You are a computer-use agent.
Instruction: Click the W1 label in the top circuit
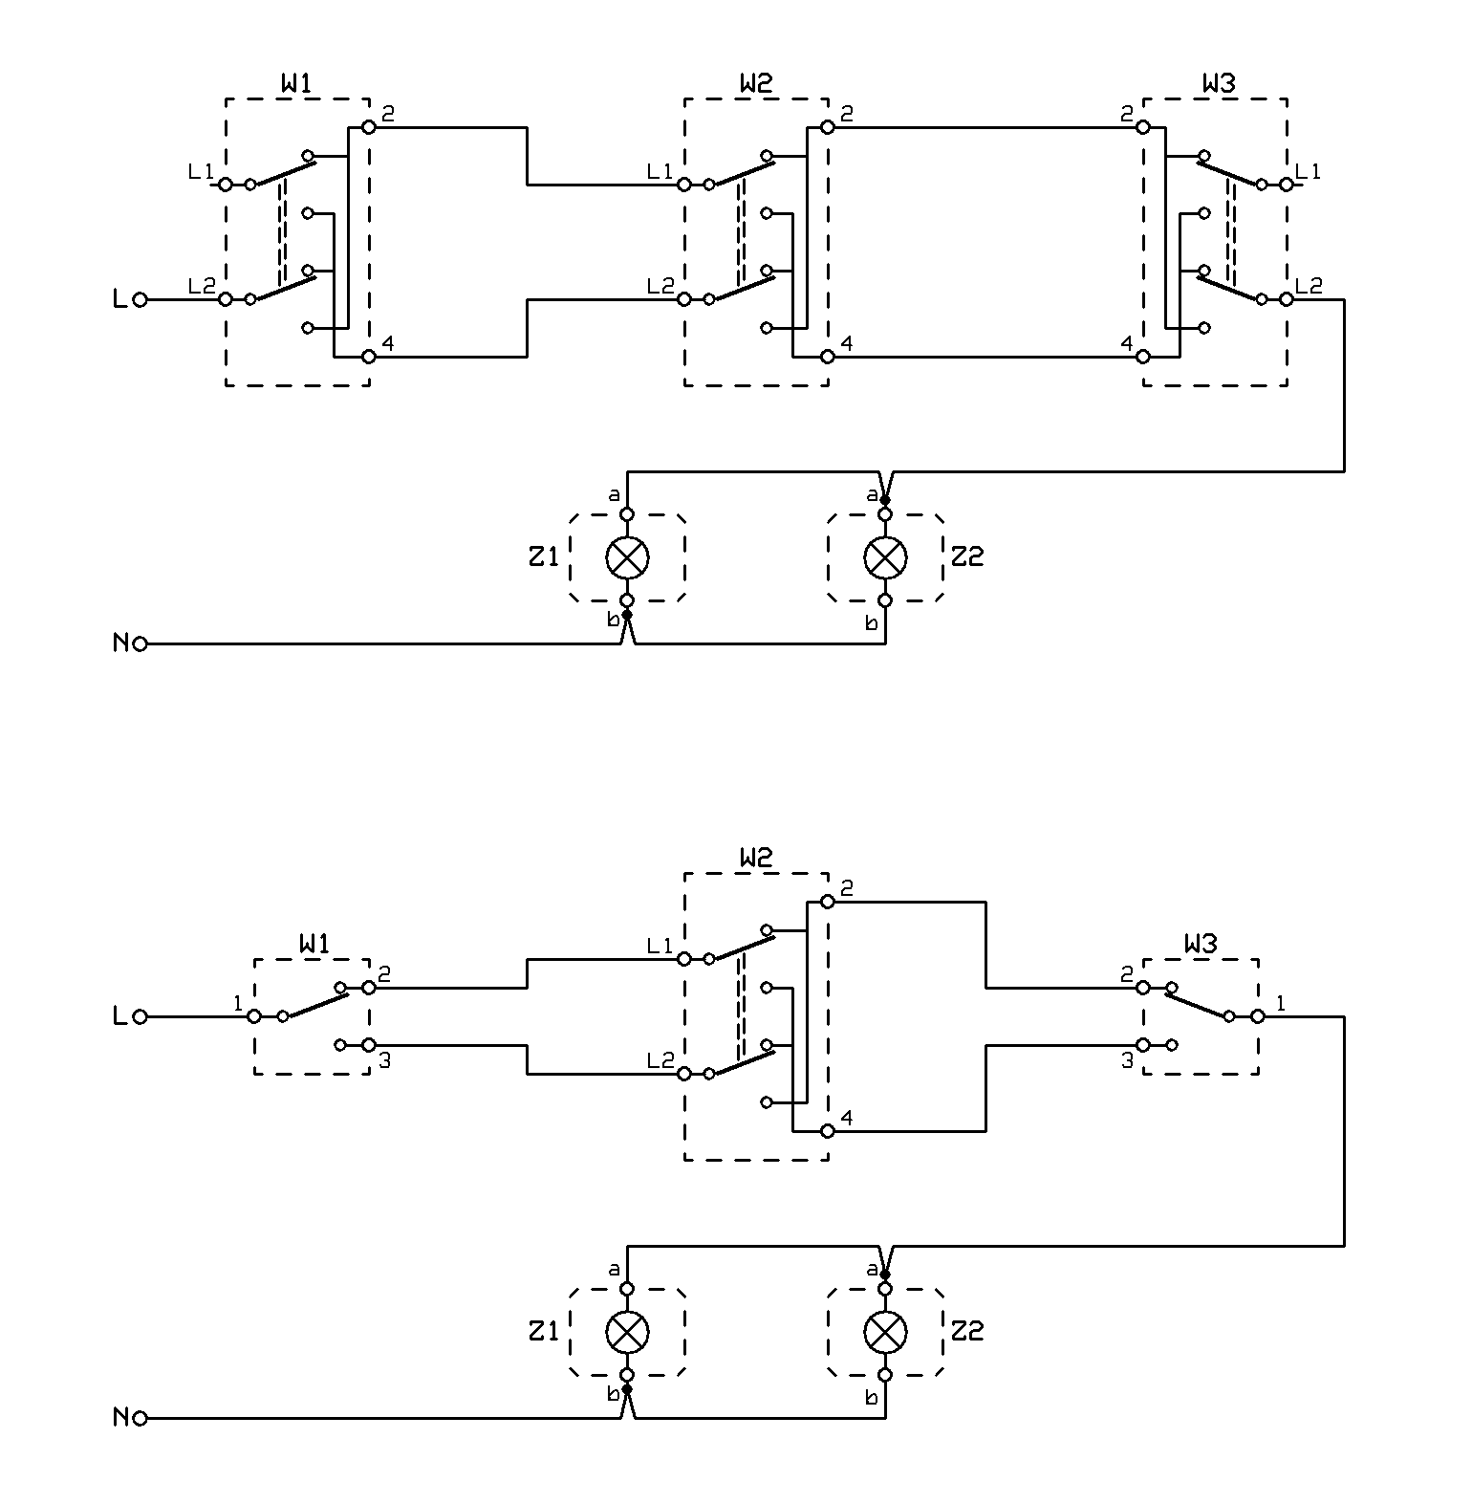tap(296, 84)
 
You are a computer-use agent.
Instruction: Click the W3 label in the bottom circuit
tap(1201, 945)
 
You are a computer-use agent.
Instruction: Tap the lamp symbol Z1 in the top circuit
tap(627, 557)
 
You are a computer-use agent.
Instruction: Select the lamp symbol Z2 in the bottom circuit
tap(885, 1332)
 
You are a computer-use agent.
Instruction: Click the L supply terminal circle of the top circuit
tap(141, 299)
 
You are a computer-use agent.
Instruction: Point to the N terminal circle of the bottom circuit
tap(141, 1419)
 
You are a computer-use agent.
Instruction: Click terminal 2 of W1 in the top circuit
tap(369, 127)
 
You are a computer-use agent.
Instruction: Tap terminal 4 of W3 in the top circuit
tap(1143, 357)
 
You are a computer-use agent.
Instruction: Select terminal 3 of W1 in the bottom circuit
tap(369, 1045)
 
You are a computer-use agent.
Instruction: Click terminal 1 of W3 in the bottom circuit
tap(1258, 1016)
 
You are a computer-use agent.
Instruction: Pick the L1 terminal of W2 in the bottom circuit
tap(684, 959)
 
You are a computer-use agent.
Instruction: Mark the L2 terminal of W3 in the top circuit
tap(1287, 299)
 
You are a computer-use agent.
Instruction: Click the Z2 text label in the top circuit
tap(967, 556)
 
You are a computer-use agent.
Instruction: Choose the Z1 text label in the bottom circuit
tap(543, 1331)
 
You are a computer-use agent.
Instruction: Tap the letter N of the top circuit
tap(120, 643)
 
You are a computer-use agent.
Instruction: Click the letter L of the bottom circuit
tap(119, 1016)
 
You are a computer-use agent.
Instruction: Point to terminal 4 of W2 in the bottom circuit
tap(828, 1131)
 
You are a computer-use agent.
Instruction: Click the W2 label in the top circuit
tap(755, 84)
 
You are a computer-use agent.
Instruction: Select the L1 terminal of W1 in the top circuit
tap(226, 185)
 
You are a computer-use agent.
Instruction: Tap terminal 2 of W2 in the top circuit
tap(828, 127)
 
